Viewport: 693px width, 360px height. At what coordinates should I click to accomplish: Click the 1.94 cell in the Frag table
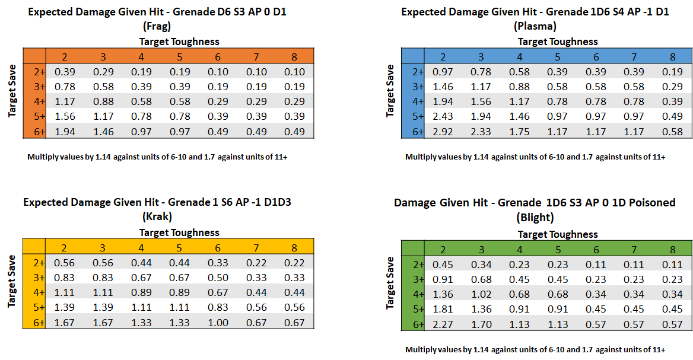pyautogui.click(x=65, y=132)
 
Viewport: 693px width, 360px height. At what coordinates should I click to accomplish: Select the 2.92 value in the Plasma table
pyautogui.click(x=443, y=132)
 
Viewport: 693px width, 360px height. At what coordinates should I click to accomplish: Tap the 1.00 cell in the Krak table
pyautogui.click(x=218, y=322)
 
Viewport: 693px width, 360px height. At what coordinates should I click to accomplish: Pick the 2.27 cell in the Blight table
pyautogui.click(x=443, y=324)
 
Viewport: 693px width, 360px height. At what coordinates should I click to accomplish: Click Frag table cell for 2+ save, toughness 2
pyautogui.click(x=65, y=72)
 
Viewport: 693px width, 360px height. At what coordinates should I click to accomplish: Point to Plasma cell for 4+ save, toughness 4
pyautogui.click(x=520, y=101)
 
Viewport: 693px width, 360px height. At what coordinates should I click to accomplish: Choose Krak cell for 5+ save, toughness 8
pyautogui.click(x=294, y=307)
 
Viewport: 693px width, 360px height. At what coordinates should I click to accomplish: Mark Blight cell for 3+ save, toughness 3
pyautogui.click(x=481, y=279)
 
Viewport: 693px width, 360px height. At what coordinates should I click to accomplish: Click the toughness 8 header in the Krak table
pyautogui.click(x=294, y=248)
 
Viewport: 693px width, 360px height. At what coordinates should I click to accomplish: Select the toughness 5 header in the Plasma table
pyautogui.click(x=558, y=57)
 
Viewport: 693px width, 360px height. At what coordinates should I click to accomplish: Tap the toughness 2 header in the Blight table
pyautogui.click(x=443, y=250)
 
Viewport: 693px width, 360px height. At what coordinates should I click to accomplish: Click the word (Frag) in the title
pyautogui.click(x=157, y=26)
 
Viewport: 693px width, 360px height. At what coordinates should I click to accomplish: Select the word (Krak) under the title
pyautogui.click(x=157, y=216)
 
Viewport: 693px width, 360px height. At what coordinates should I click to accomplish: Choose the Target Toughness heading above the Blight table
pyautogui.click(x=558, y=234)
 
